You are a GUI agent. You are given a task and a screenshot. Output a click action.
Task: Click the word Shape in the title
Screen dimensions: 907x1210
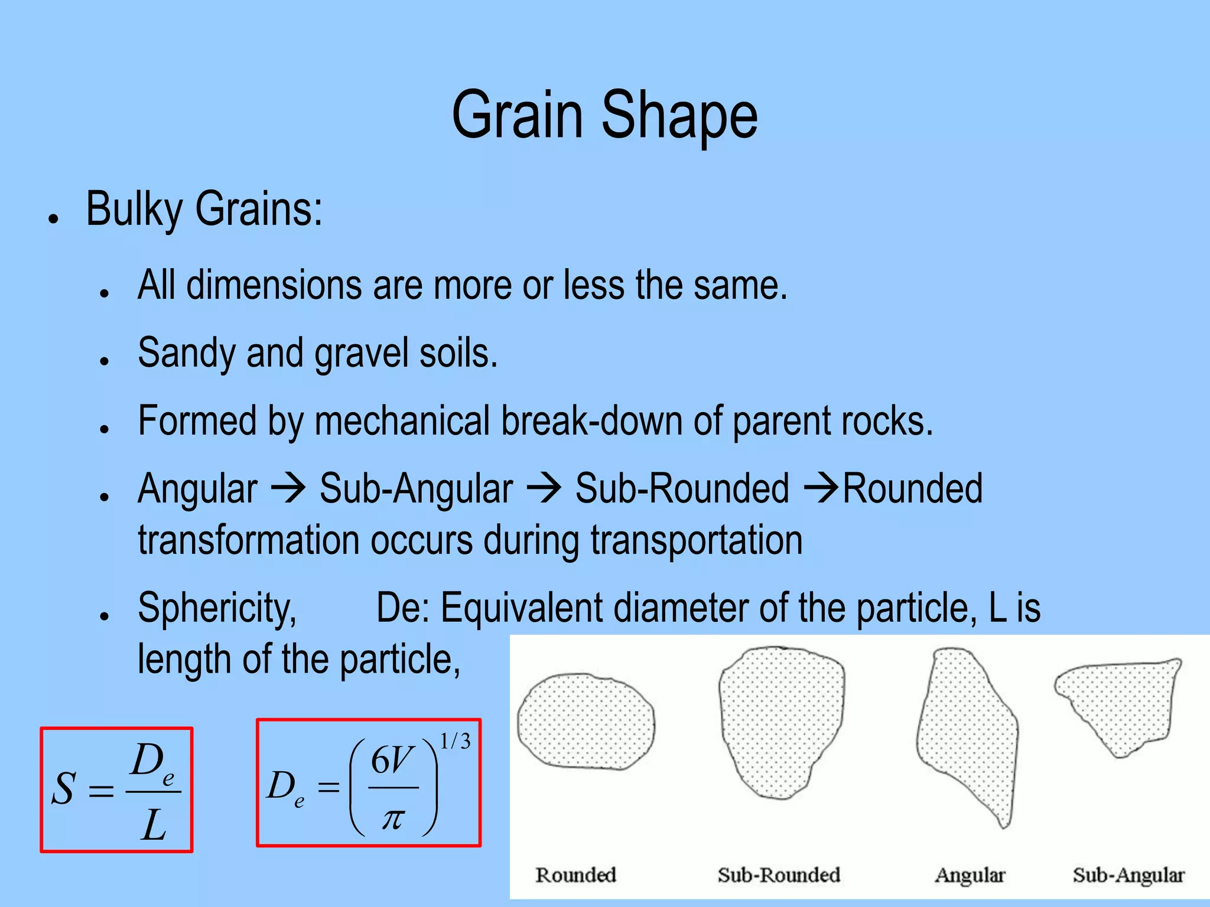tap(679, 115)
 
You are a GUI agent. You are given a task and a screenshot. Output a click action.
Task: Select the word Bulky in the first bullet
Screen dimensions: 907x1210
tap(135, 210)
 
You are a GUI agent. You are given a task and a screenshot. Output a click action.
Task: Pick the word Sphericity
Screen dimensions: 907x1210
tap(217, 608)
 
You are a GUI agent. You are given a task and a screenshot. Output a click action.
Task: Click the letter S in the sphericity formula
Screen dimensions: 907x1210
tap(64, 789)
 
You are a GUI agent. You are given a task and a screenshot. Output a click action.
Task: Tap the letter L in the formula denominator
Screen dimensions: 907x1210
tap(154, 825)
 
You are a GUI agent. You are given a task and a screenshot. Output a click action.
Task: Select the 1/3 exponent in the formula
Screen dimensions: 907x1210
tap(455, 742)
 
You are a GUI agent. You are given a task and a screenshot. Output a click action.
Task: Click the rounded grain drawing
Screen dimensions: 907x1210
tap(586, 722)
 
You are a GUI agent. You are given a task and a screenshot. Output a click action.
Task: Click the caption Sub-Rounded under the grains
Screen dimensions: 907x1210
tap(779, 875)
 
